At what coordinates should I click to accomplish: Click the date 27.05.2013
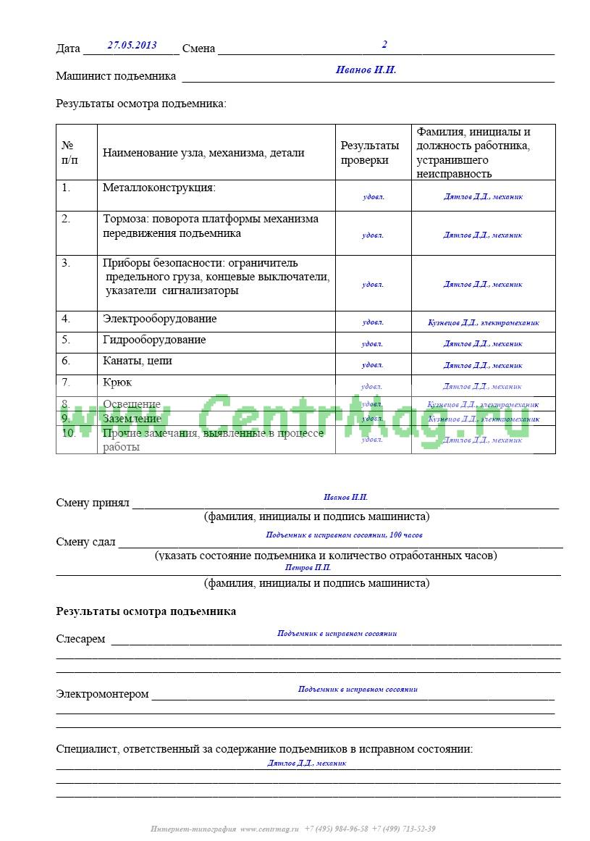pos(132,45)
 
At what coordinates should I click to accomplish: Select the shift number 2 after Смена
pos(384,44)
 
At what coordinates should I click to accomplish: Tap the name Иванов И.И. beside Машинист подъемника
pos(366,70)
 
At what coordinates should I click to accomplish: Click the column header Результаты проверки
pos(369,153)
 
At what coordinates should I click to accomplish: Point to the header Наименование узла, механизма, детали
pos(203,153)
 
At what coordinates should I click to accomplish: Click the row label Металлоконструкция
pos(159,188)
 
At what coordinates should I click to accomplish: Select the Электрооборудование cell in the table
pos(159,319)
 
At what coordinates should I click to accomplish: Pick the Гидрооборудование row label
pos(154,340)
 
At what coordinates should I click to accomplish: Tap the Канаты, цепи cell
pos(138,361)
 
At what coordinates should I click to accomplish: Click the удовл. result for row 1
pos(373,196)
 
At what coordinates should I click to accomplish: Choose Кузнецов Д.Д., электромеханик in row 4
pos(483,323)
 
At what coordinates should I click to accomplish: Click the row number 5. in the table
pos(66,340)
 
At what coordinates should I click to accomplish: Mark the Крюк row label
pos(117,382)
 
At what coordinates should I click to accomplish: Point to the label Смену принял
pos(92,503)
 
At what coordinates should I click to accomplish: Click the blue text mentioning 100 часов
pos(344,535)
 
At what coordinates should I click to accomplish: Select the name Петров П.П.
pos(308,568)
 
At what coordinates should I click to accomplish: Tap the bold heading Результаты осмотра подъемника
pos(146,611)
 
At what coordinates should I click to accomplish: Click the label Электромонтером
pos(102,694)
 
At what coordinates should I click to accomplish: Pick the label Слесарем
pos(80,639)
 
